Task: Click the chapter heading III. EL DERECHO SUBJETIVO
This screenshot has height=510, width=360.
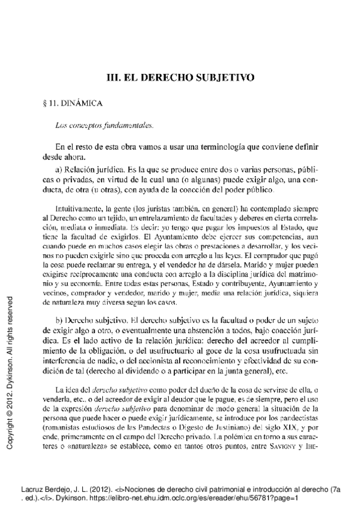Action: (180, 78)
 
